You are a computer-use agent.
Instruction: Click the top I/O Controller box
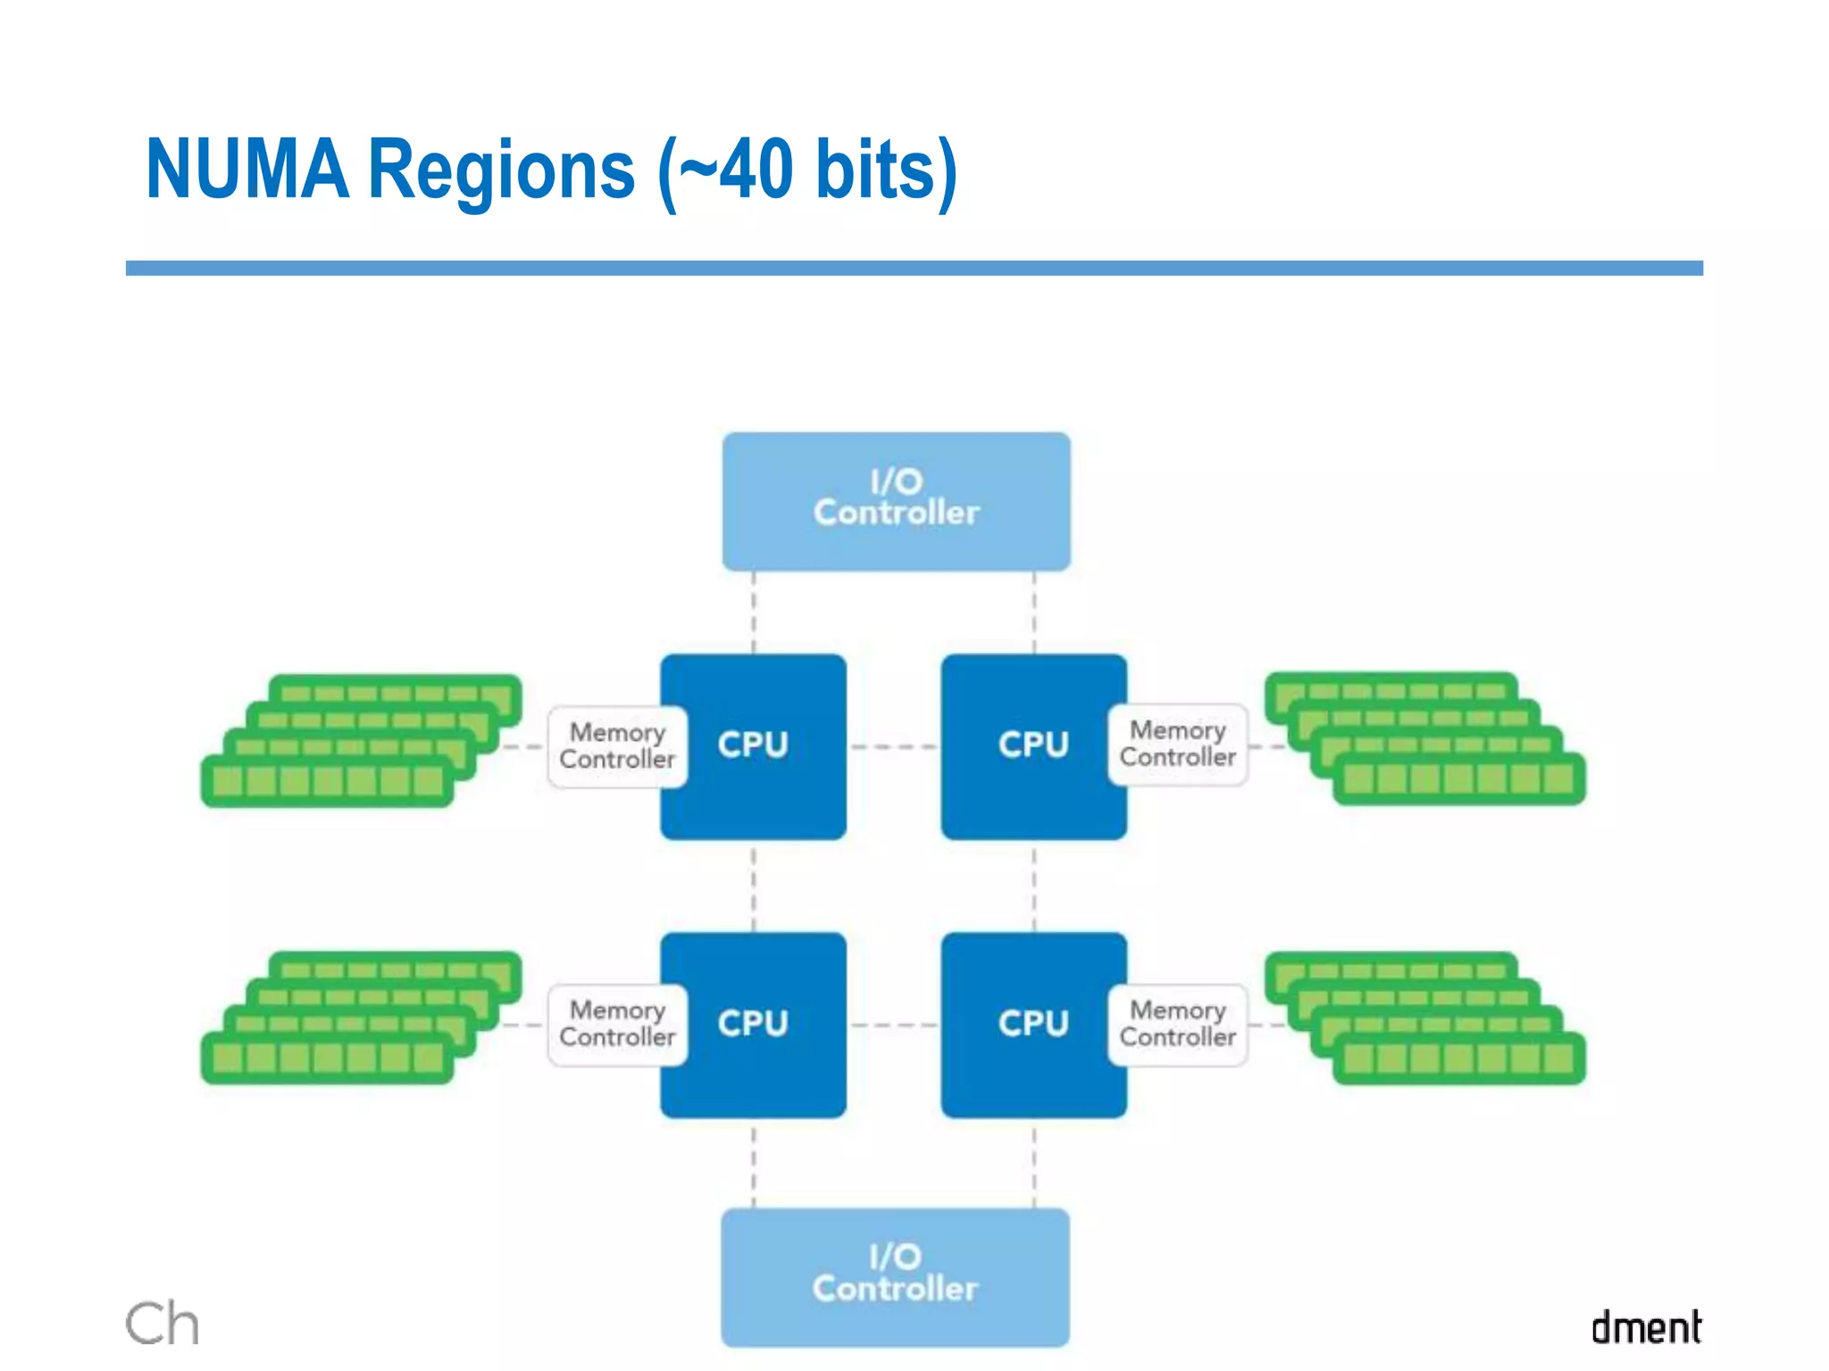pos(896,501)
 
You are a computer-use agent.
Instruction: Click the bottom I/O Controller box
pos(895,1276)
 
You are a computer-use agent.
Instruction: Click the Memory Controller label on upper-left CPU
pos(617,746)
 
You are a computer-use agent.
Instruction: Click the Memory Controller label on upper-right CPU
pos(1177,744)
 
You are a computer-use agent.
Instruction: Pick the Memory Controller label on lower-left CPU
pos(617,1024)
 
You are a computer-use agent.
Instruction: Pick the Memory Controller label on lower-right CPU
pos(1177,1024)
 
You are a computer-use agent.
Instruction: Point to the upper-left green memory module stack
pos(361,741)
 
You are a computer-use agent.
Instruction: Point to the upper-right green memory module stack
pos(1425,739)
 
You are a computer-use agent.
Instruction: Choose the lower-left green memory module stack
pos(361,1018)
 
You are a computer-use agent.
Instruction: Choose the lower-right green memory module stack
pos(1425,1018)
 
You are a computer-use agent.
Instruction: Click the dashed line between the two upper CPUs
pos(893,746)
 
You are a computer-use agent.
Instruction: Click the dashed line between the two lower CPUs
pos(893,1025)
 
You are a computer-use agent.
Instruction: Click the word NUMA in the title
pos(246,170)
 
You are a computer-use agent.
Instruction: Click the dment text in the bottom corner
pos(1646,1327)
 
